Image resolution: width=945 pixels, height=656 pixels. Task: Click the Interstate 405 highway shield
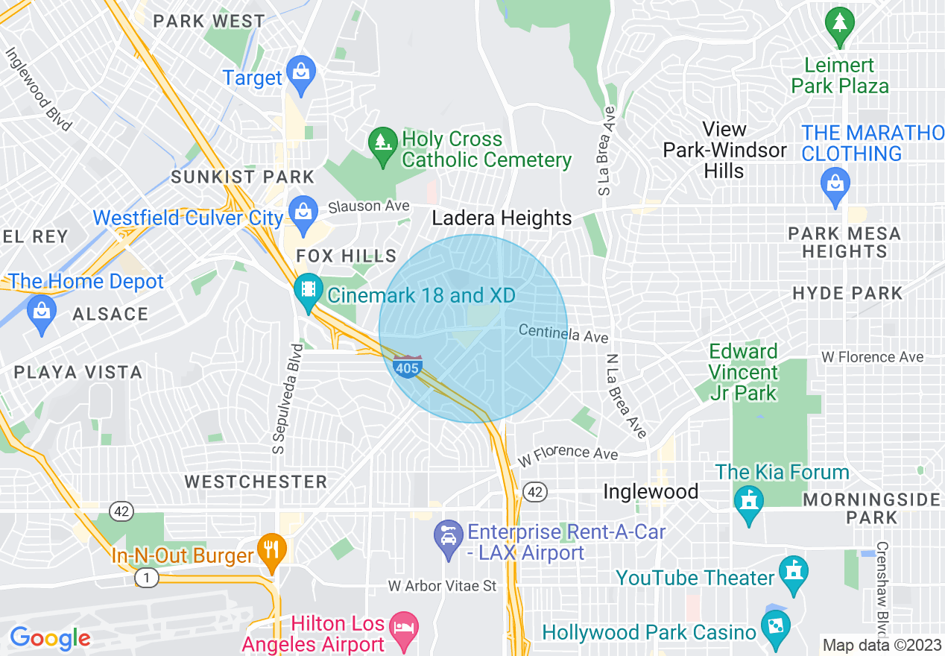pyautogui.click(x=408, y=366)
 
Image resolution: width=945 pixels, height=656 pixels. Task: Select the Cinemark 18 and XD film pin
pyautogui.click(x=307, y=291)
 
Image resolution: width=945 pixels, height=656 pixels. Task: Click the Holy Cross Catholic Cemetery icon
pyautogui.click(x=382, y=143)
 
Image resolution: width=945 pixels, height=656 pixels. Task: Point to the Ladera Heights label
pyautogui.click(x=502, y=218)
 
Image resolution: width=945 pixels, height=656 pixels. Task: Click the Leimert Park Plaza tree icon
pyautogui.click(x=839, y=25)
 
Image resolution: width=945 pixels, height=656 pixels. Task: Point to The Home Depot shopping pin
pyautogui.click(x=41, y=312)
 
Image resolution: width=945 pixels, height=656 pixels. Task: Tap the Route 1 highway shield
pyautogui.click(x=146, y=577)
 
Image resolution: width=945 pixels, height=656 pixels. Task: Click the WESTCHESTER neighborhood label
pyautogui.click(x=256, y=482)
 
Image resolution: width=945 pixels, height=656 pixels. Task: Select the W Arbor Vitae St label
pyautogui.click(x=442, y=586)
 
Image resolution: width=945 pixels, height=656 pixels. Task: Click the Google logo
pyautogui.click(x=50, y=638)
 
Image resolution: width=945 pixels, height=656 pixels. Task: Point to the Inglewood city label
pyautogui.click(x=650, y=491)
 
